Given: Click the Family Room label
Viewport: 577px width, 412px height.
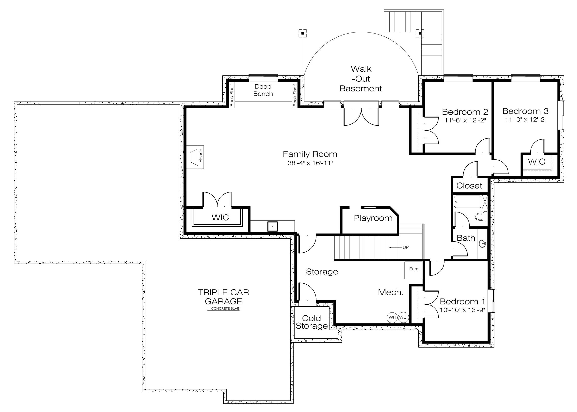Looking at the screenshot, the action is pos(310,154).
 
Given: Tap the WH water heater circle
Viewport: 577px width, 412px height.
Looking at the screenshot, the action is pos(392,317).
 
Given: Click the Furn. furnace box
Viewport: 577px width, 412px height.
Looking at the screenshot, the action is pos(414,270).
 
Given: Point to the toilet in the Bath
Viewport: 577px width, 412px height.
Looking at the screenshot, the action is pos(480,217).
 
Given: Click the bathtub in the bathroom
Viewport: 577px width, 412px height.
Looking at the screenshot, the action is pos(467,202).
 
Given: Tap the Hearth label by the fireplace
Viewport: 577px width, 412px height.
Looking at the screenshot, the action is pos(201,156).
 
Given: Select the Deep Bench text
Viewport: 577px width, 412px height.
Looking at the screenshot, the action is pos(263,90).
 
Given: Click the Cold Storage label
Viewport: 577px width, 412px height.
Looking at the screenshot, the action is pos(312,322).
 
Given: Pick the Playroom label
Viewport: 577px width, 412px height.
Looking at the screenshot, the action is pos(373,218).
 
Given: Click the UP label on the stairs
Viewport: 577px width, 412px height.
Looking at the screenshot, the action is pos(406,247).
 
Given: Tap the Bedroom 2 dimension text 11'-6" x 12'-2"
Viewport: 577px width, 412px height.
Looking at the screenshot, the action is pos(465,120).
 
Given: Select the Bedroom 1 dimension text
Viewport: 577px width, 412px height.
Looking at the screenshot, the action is pos(462,310).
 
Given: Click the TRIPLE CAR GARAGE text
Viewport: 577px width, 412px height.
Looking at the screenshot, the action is pos(223,297).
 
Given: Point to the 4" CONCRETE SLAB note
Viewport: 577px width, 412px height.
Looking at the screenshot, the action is pos(223,309).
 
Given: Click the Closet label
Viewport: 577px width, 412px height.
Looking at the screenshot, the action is pos(469,185).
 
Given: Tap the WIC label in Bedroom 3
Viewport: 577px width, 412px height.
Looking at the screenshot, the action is pos(536,161).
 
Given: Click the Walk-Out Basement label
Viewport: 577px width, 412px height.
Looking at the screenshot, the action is pos(361,79).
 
